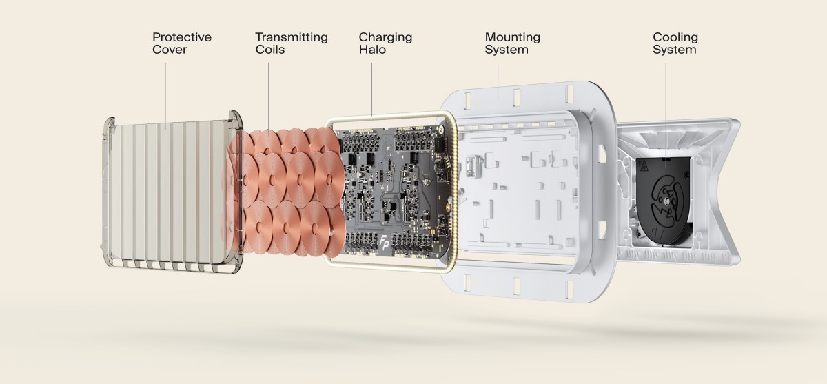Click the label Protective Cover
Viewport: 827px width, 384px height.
tap(182, 43)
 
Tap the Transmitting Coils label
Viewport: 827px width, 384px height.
tap(292, 43)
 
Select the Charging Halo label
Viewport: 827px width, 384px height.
tap(385, 43)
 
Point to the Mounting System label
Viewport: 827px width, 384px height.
tap(513, 43)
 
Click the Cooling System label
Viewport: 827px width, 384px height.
tap(675, 43)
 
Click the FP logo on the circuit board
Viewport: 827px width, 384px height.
tap(385, 242)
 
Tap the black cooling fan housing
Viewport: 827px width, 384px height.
tap(663, 201)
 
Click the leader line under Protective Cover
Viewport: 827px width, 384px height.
tap(165, 96)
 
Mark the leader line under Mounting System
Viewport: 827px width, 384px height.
tap(498, 81)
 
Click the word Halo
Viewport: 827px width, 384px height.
tap(372, 50)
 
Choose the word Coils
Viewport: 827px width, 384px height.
tap(270, 50)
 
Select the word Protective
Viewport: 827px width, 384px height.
tap(182, 37)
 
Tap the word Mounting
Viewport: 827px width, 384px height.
tap(513, 37)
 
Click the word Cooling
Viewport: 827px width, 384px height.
tap(675, 37)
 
